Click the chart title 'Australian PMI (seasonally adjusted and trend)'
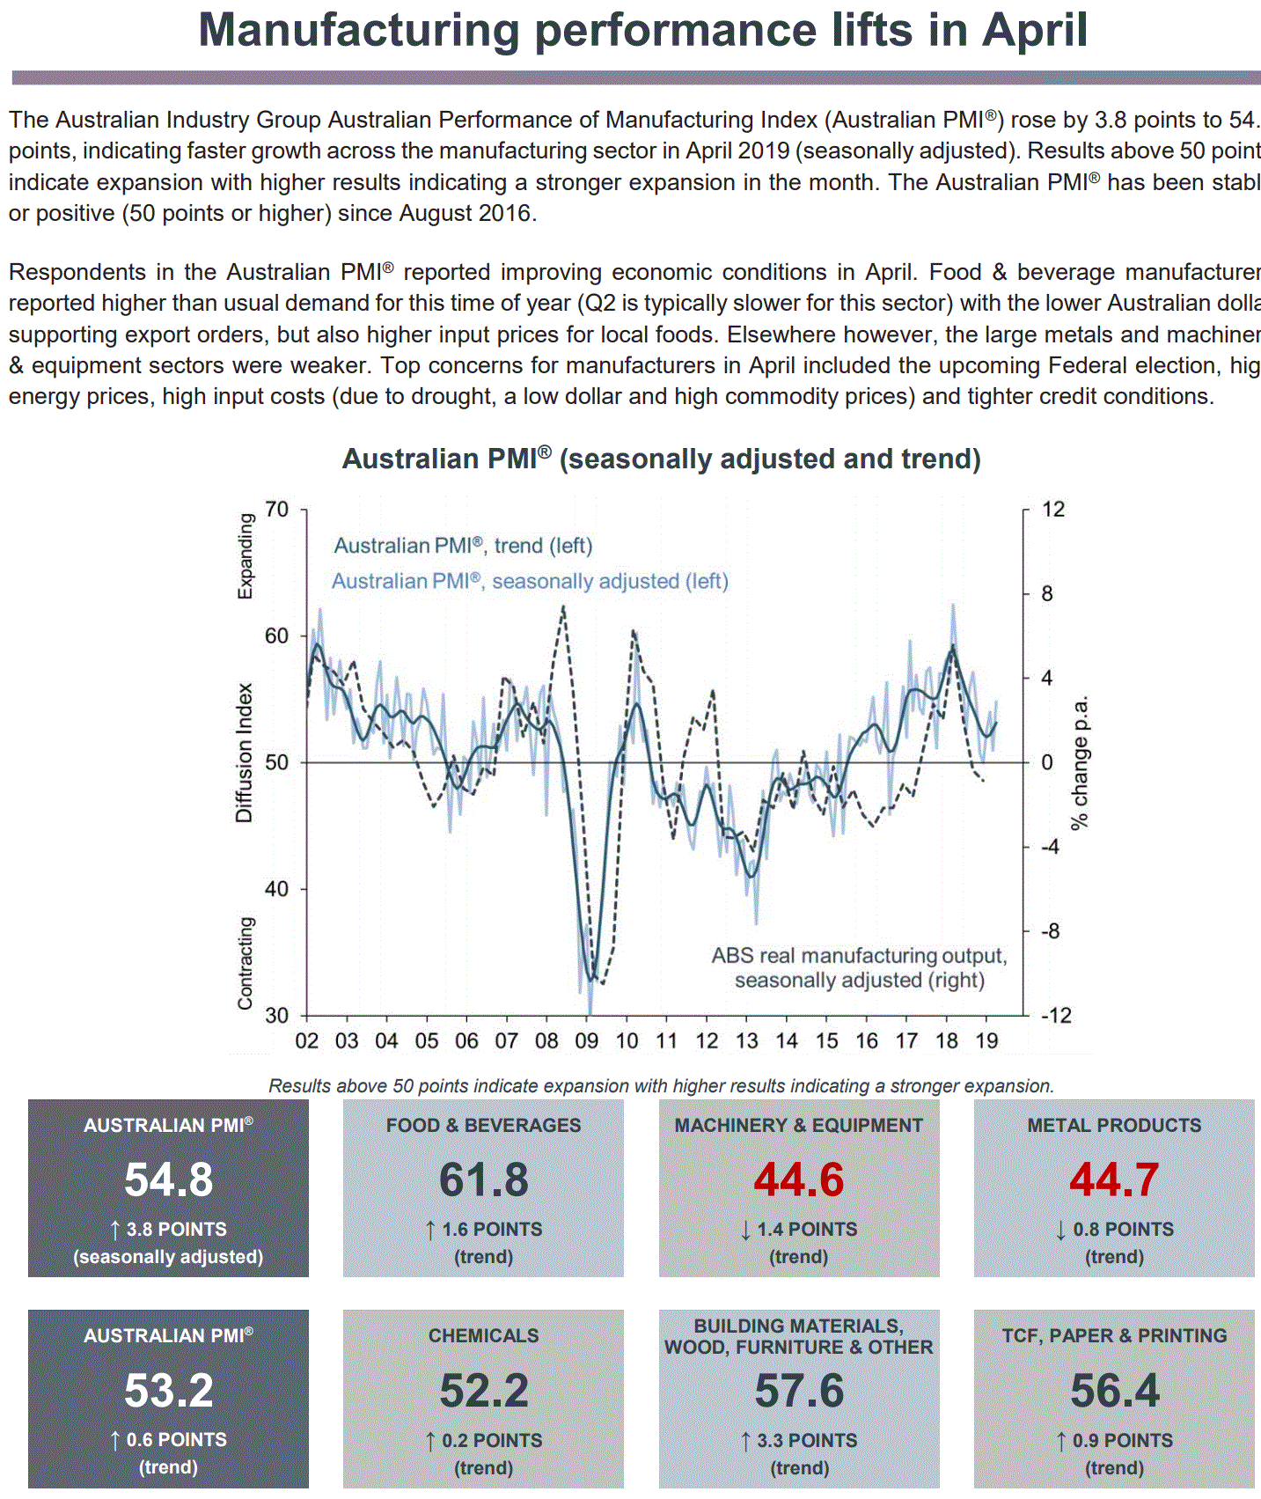(661, 459)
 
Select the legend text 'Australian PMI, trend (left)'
(463, 546)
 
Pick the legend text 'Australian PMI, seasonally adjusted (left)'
(530, 581)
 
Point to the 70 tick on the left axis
(276, 510)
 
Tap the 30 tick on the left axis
(276, 1015)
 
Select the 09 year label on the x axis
(586, 1041)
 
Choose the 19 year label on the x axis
(986, 1041)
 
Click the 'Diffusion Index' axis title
(244, 753)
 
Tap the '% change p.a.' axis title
(1080, 762)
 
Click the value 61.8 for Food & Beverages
(484, 1179)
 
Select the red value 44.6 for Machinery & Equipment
(798, 1179)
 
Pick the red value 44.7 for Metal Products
(1114, 1179)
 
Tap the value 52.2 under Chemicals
(484, 1391)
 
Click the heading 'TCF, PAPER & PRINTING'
(1114, 1335)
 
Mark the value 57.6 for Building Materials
(798, 1391)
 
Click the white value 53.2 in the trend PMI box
(168, 1391)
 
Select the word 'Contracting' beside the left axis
(246, 963)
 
